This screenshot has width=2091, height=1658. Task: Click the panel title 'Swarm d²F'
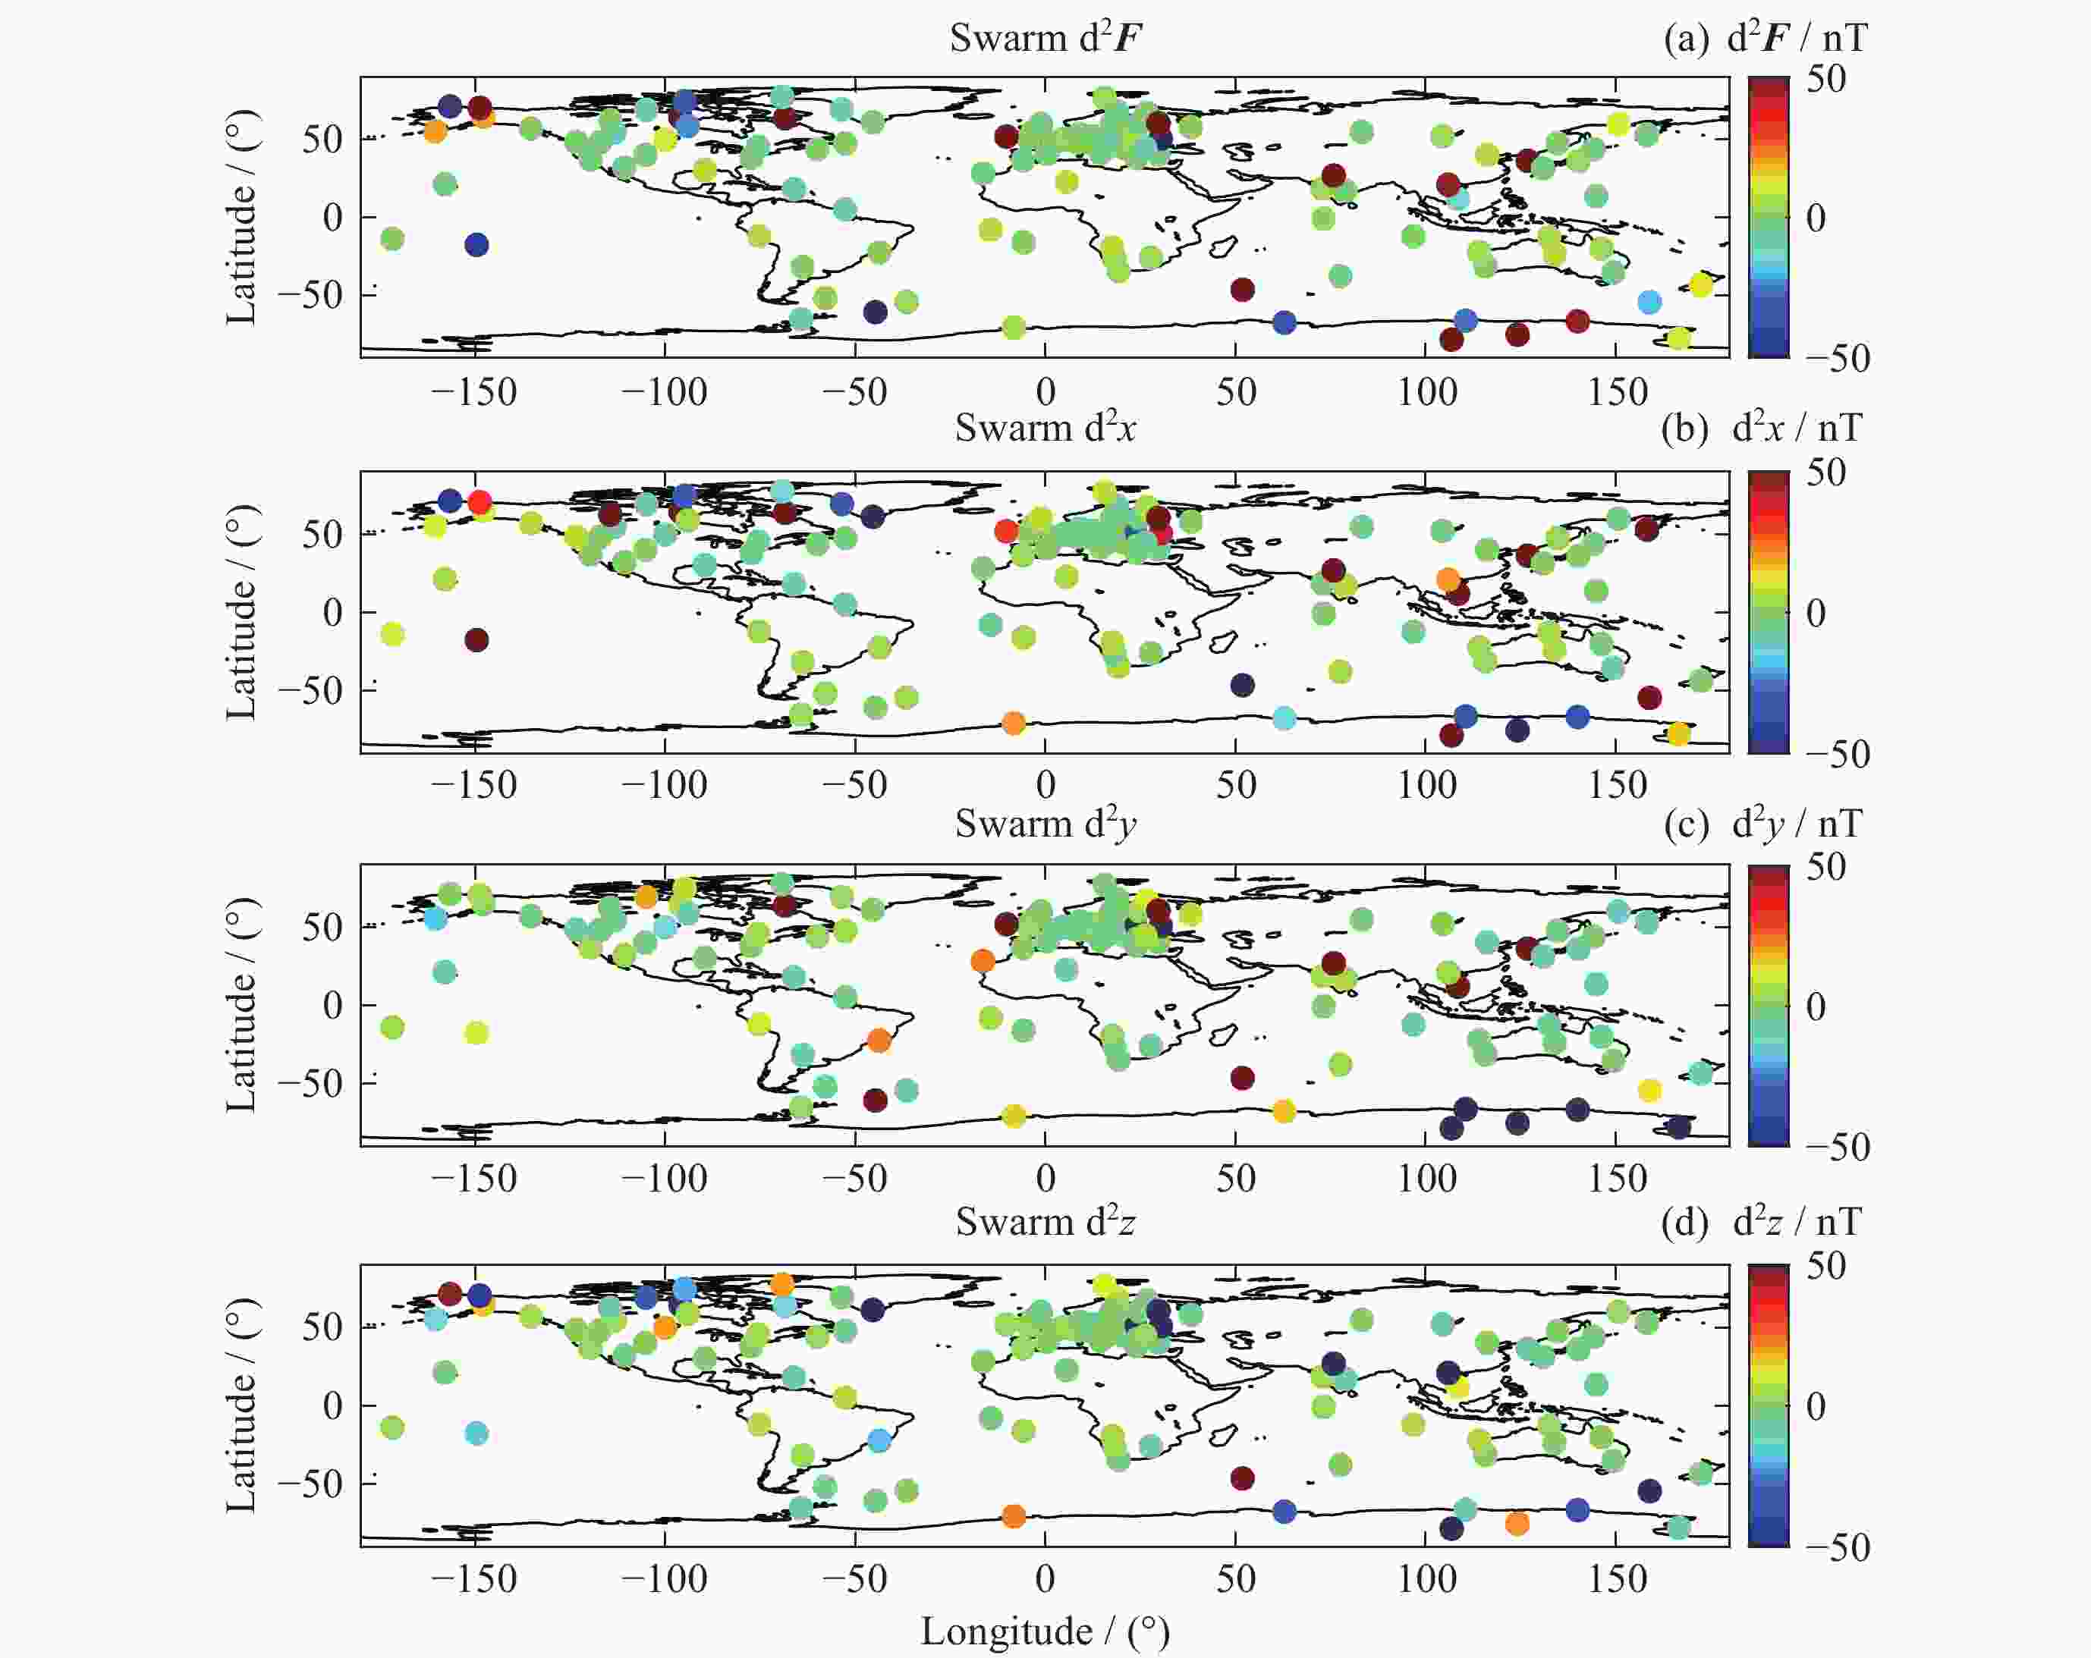(x=1045, y=39)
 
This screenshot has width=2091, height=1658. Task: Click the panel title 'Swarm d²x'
(x=1045, y=428)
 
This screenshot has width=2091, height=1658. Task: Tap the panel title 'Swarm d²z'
(x=1045, y=1222)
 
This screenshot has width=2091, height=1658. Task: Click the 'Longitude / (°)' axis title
(x=1045, y=1631)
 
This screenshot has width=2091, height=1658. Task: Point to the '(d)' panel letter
(x=1684, y=1223)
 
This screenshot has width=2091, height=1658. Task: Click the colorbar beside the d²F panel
(x=1768, y=217)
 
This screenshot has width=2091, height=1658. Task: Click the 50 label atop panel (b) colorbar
(x=1825, y=473)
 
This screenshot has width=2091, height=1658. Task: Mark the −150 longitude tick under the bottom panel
(x=473, y=1578)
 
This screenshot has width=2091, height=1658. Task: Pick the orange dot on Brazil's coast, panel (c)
(x=879, y=1041)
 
